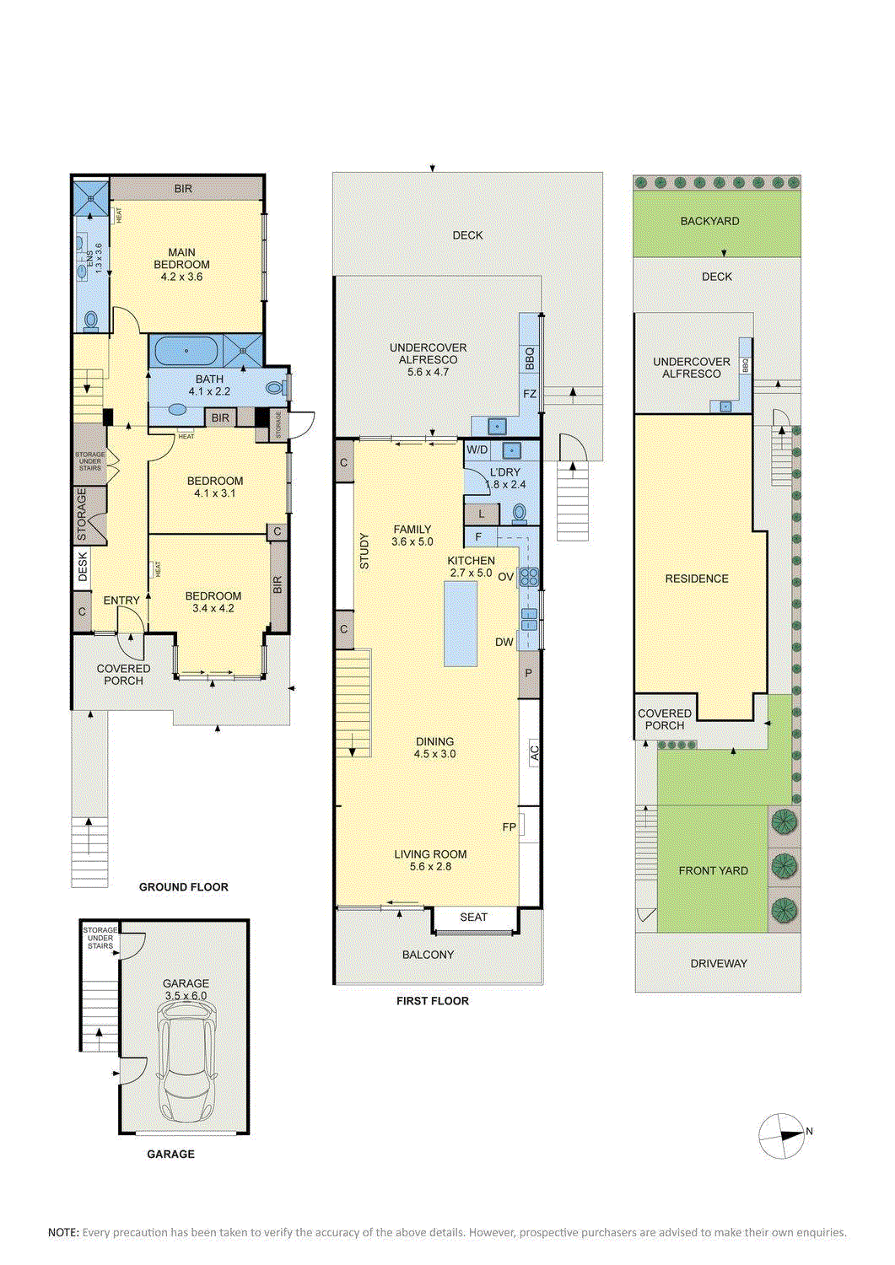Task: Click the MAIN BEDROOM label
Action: tap(182, 258)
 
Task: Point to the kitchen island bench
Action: tap(461, 623)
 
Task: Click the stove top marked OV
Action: tap(530, 577)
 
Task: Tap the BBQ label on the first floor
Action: tap(530, 358)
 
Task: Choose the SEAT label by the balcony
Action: tap(473, 918)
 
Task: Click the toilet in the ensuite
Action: tap(90, 320)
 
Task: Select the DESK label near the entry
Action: tap(83, 567)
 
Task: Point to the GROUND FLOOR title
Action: tap(184, 886)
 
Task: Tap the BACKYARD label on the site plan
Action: tap(709, 221)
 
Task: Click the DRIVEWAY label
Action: tap(719, 963)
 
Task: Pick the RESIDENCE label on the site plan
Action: tap(697, 579)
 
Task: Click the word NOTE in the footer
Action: tap(63, 1233)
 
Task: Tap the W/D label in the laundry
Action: tap(477, 450)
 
